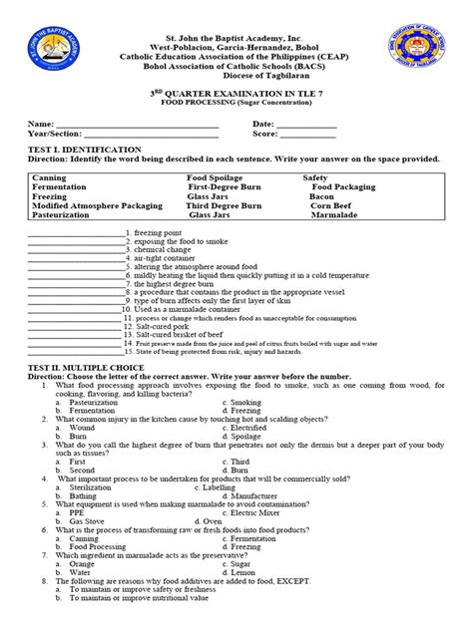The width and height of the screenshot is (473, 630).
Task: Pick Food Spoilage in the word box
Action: point(220,177)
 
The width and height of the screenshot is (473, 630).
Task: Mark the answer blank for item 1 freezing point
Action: point(75,232)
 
